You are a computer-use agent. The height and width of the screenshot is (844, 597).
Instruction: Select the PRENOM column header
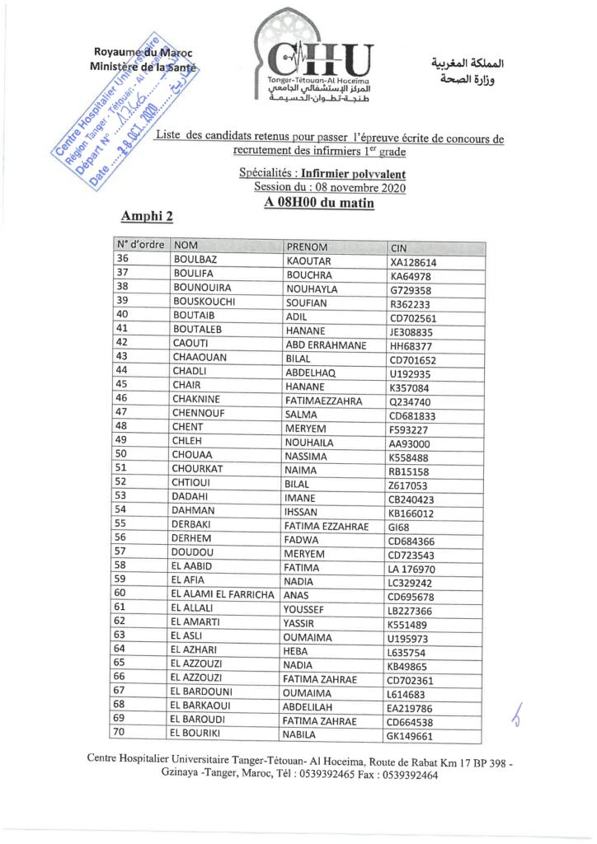point(306,246)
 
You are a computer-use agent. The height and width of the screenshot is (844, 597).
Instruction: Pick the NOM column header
point(186,246)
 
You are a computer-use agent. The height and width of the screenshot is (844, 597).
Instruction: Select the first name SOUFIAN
point(306,302)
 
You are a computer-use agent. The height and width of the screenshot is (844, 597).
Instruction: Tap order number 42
point(123,341)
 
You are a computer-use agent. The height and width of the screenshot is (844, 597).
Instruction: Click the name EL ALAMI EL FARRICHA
point(222,593)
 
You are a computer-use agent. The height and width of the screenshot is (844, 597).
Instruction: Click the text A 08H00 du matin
point(319,203)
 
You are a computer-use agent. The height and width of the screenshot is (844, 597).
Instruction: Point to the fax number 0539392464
point(405,775)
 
